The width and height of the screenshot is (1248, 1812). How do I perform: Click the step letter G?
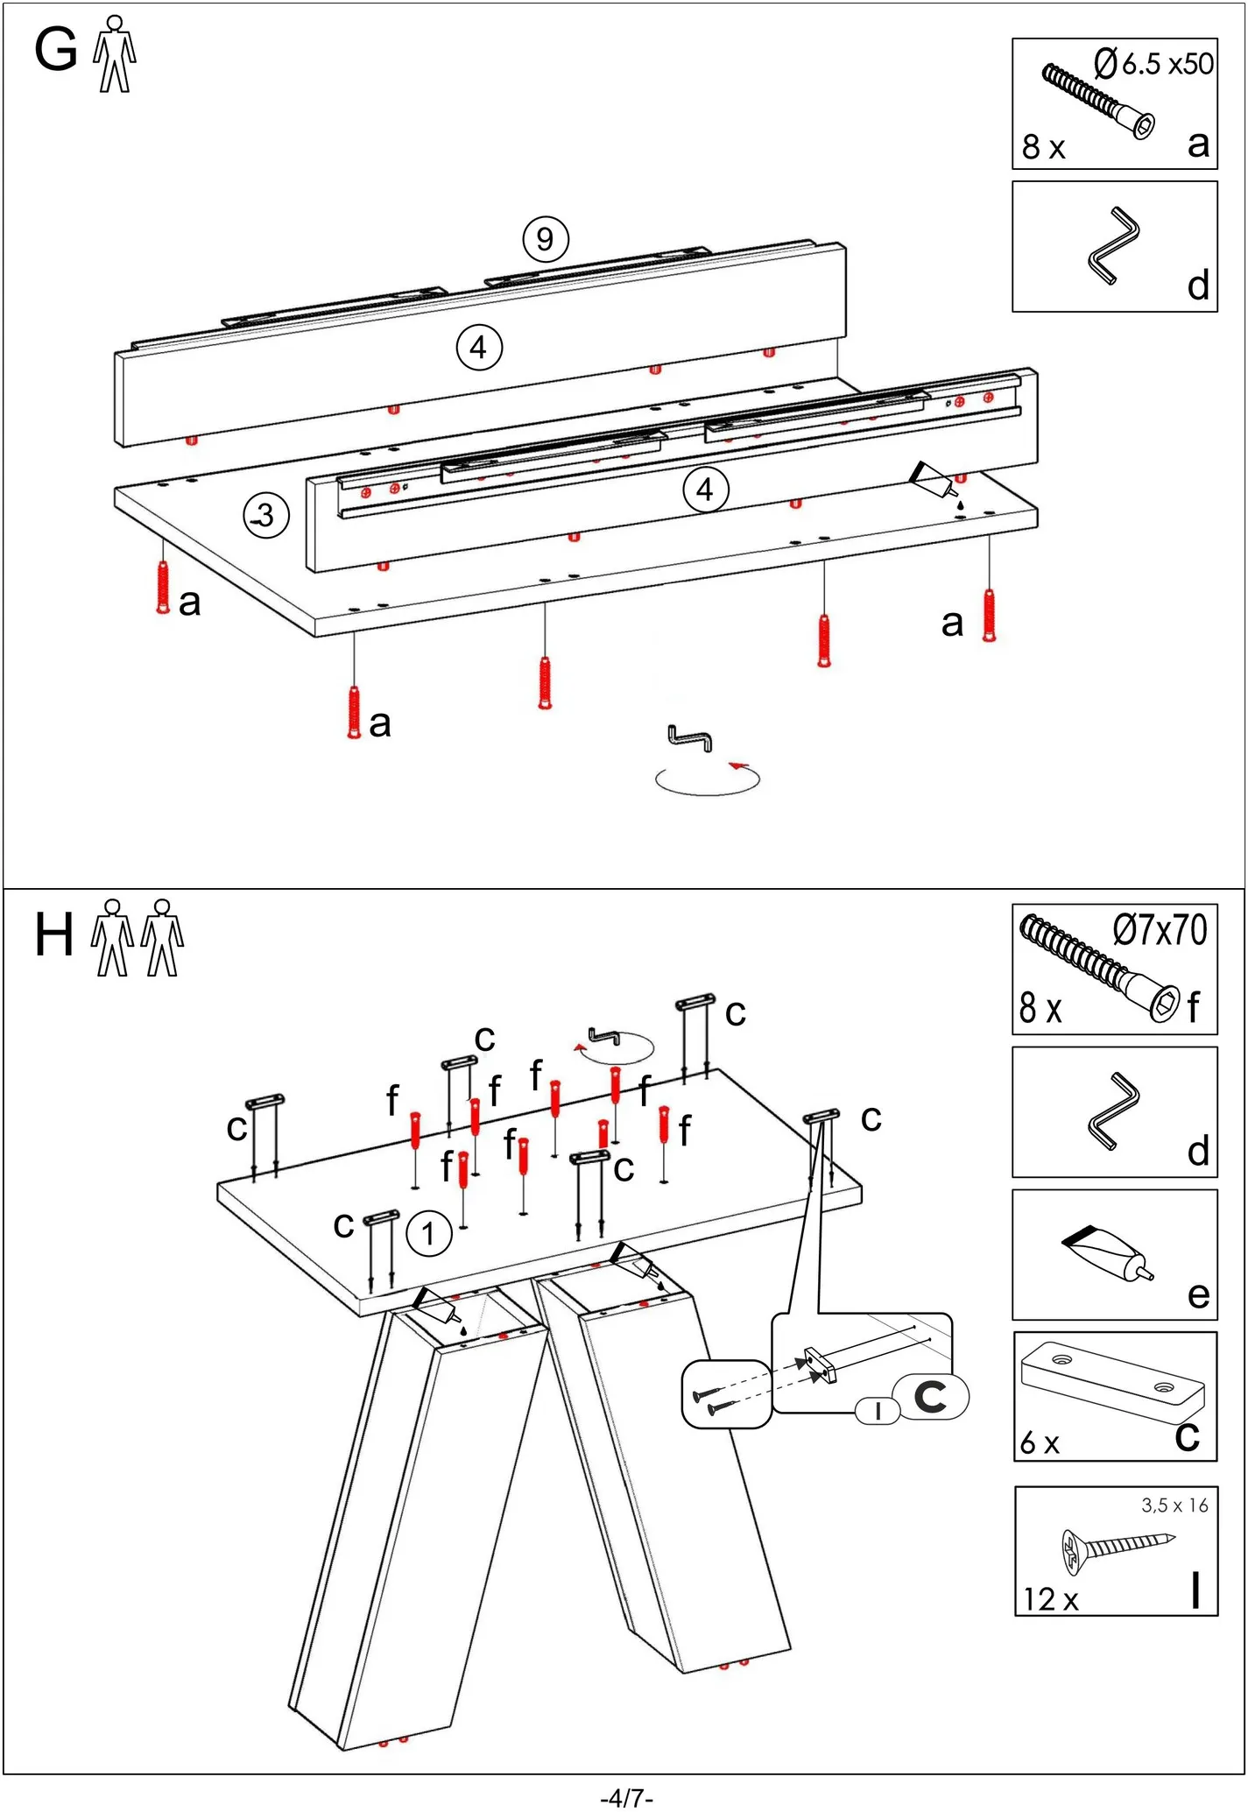point(55,50)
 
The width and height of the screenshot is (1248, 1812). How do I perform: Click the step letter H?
point(53,934)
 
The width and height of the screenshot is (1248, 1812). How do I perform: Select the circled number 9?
point(545,239)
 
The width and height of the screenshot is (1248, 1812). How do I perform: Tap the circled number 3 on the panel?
point(265,516)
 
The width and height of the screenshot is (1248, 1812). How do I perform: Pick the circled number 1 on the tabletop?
point(428,1234)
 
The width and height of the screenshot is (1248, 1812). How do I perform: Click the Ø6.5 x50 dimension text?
point(1153,64)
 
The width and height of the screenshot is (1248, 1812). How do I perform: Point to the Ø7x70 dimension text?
point(1160,930)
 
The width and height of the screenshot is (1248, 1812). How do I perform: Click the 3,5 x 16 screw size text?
point(1174,1505)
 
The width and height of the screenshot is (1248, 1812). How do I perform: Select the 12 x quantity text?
point(1051,1599)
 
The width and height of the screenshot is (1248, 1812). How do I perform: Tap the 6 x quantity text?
point(1040,1442)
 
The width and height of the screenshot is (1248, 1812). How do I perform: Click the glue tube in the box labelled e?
point(1108,1252)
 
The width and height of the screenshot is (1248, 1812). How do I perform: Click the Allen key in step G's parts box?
point(1113,245)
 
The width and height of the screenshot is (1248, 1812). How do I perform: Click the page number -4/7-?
point(626,1798)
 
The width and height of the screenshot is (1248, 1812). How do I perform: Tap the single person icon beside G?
point(115,53)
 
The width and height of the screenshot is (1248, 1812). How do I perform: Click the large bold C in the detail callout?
point(930,1397)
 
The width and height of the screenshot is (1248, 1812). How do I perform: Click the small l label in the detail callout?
point(878,1411)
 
